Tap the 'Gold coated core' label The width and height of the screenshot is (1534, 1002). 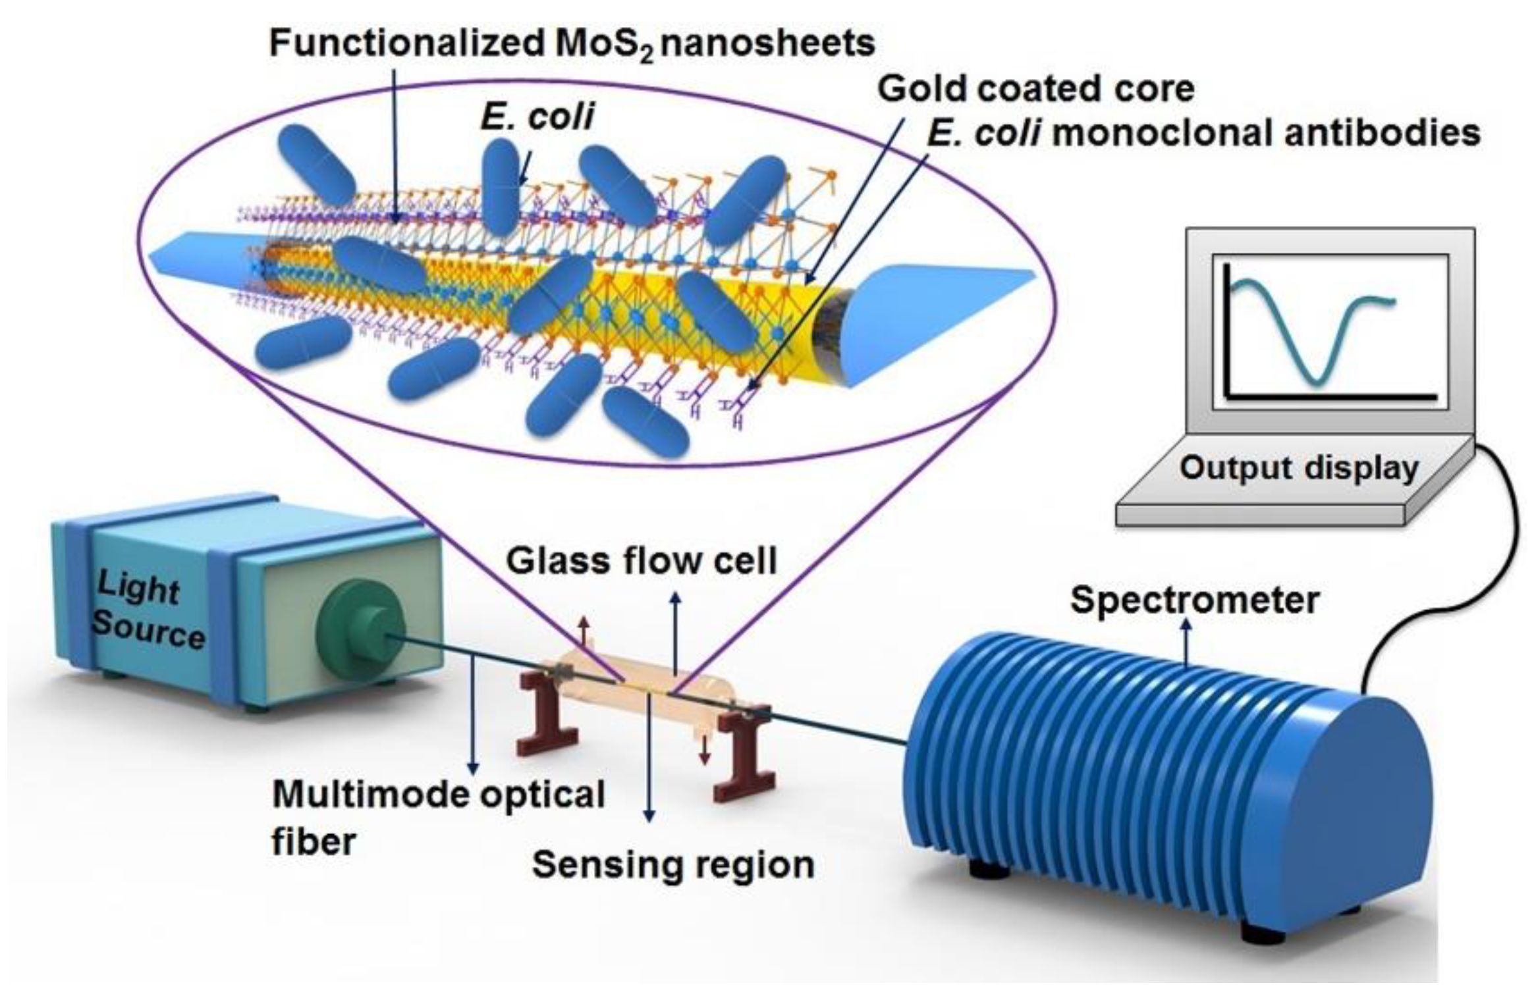[1035, 89]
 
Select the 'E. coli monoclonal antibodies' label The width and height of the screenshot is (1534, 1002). [1203, 134]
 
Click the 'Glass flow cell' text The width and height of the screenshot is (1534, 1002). [641, 562]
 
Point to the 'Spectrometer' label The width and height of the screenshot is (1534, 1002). [1194, 600]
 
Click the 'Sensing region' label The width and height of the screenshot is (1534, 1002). [672, 864]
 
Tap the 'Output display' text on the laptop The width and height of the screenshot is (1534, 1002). [1298, 468]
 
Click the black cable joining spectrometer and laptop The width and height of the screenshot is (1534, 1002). [1508, 560]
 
